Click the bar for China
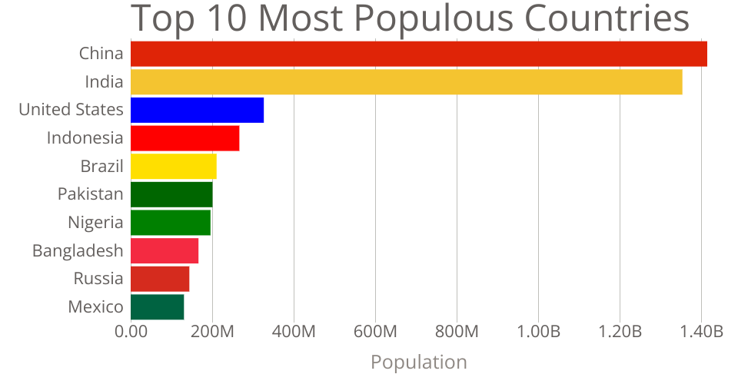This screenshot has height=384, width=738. coord(419,54)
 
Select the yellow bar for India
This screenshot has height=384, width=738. coord(407,82)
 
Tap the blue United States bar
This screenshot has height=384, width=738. coord(198,110)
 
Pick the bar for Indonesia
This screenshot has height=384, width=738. coord(185,138)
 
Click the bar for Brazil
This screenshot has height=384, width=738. coord(174,166)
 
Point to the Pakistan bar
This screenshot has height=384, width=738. coord(171,194)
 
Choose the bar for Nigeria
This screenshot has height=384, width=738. coord(171,222)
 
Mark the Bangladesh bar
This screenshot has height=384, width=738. coord(165,250)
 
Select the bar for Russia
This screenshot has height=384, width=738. coord(160,278)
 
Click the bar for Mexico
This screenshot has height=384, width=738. coord(158,306)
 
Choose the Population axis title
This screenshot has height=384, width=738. coord(419,362)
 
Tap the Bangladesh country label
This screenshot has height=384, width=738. coord(78,250)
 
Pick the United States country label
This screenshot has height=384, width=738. coord(71,110)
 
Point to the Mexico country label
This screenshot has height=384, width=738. coord(95,306)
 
